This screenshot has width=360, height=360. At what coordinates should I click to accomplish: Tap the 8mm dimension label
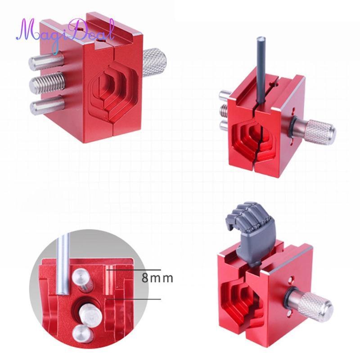(x=157, y=278)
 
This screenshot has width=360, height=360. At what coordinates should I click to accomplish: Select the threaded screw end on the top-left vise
(x=47, y=83)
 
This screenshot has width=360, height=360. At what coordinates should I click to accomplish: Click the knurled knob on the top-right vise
(x=321, y=132)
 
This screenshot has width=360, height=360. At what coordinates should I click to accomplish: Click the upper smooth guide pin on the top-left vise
(x=46, y=61)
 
